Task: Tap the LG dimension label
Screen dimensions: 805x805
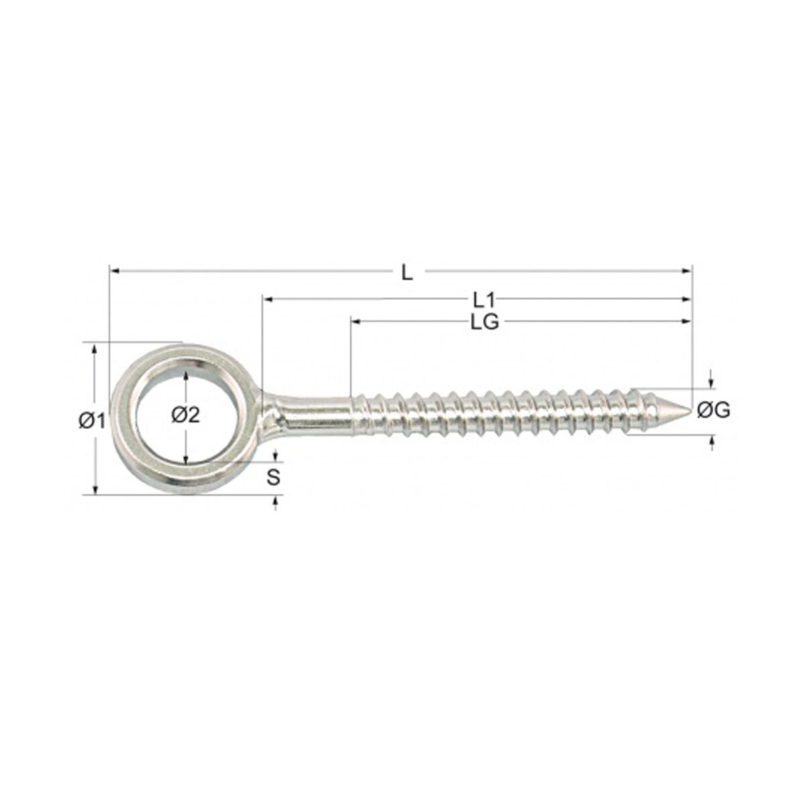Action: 484,323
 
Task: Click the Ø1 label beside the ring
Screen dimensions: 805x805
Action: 92,421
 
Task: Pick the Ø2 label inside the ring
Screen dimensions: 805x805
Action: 186,415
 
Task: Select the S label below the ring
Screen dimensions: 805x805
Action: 273,478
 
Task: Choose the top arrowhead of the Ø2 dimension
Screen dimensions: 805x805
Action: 186,374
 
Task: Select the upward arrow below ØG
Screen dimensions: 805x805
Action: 711,441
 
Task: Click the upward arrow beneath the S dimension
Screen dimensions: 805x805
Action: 274,501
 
